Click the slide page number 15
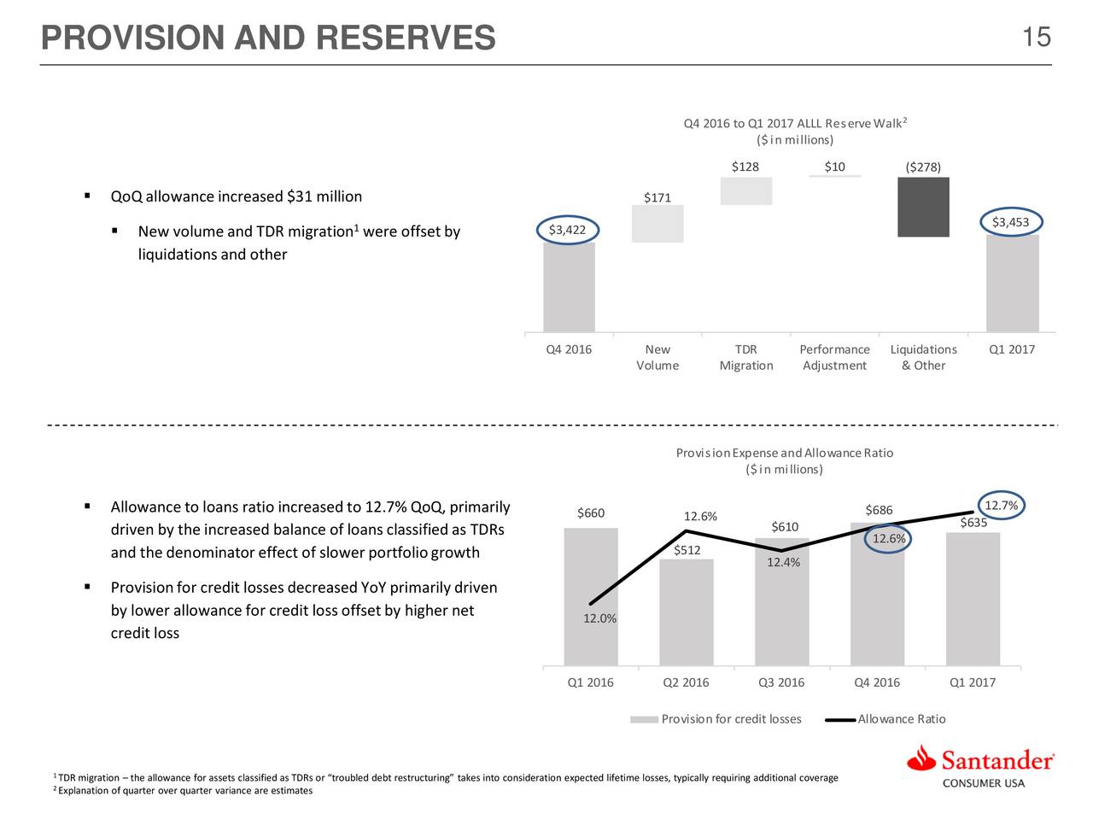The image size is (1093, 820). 1036,38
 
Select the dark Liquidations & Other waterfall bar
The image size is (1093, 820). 923,207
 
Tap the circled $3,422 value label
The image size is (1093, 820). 568,230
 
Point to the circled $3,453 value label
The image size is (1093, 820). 1010,223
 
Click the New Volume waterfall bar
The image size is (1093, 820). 658,224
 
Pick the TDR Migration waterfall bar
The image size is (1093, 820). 745,191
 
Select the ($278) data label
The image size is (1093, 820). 923,167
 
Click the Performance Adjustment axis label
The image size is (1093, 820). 834,357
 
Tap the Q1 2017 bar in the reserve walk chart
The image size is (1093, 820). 1012,284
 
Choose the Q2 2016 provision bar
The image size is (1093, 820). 686,612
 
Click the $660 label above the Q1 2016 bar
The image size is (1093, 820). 590,513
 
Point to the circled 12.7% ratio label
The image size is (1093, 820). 1001,505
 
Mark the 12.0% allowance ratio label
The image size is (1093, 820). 599,618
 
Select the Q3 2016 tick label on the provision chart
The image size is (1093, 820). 781,682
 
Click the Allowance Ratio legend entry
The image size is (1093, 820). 901,719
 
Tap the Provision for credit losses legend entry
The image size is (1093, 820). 731,719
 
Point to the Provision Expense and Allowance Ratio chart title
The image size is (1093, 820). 784,453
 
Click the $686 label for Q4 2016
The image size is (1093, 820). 879,511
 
